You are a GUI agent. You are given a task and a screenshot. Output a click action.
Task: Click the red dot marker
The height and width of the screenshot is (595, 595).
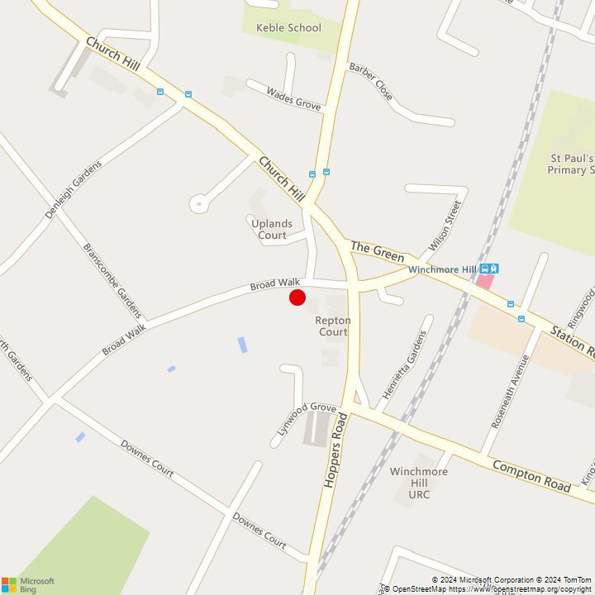coord(297,297)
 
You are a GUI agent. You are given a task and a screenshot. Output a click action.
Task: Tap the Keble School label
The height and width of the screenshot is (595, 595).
coord(288,28)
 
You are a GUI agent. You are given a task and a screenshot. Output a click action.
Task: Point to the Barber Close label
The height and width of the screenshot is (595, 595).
coord(370,81)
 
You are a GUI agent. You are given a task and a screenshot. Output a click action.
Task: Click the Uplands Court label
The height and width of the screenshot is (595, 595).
coord(272,230)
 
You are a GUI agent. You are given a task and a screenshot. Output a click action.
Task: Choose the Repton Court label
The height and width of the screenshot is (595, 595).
coord(333,326)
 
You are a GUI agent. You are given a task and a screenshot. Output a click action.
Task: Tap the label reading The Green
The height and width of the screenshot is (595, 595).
coord(378,252)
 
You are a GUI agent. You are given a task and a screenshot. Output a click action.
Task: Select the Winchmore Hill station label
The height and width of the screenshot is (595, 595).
coord(442,270)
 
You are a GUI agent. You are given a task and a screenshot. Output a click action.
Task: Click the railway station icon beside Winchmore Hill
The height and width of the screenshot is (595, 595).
coord(489,269)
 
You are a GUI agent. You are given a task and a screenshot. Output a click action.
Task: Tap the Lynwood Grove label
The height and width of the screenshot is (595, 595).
coord(307,418)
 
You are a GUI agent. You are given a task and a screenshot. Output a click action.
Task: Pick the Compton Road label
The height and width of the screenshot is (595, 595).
coord(531,477)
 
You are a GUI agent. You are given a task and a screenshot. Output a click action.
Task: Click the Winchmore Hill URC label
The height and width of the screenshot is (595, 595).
coord(419,483)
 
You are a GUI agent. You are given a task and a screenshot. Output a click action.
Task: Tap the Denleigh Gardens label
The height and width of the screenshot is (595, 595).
coord(74,189)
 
